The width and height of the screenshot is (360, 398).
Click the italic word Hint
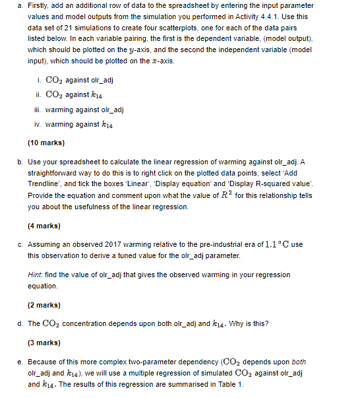pos(36,275)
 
